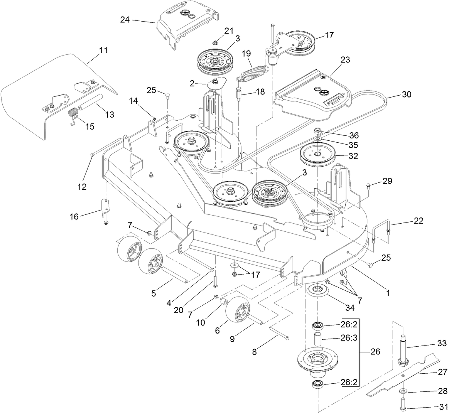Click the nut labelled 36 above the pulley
[x=319, y=130]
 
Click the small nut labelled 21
[x=216, y=42]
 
